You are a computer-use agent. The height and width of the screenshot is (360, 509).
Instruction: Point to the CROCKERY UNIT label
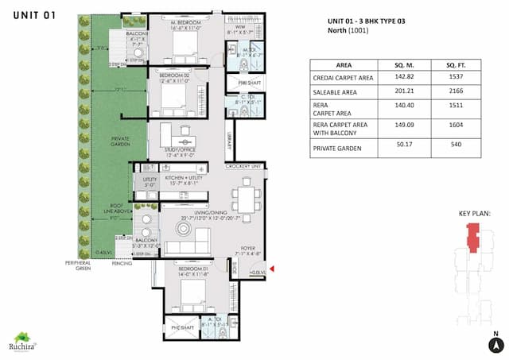(x=243, y=166)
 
